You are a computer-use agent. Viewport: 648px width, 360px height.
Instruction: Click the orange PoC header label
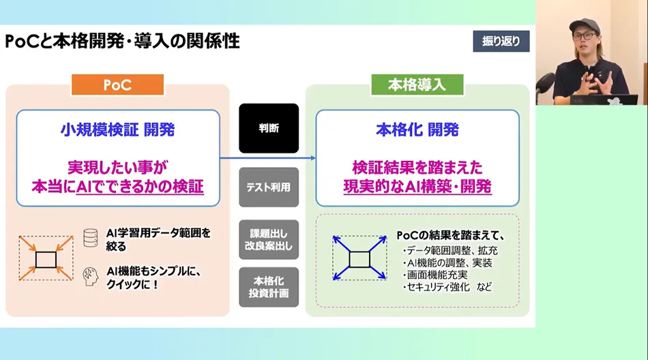(118, 85)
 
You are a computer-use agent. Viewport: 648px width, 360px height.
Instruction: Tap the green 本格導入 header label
(417, 85)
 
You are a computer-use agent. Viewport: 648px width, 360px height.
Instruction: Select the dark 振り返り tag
(501, 41)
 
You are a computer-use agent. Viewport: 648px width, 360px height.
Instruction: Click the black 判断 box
(269, 128)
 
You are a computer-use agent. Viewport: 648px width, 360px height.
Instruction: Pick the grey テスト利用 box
(269, 187)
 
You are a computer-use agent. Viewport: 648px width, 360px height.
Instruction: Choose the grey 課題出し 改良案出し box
(269, 240)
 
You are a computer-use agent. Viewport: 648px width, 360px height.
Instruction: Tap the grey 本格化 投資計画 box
(269, 287)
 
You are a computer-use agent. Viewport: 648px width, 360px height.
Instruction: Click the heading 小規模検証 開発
(118, 130)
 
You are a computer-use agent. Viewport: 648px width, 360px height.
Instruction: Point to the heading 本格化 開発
(417, 130)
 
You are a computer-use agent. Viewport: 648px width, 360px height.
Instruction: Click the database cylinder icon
(91, 238)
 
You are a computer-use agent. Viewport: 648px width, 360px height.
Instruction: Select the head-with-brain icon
(91, 277)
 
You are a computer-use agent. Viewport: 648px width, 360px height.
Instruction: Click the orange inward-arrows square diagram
(46, 258)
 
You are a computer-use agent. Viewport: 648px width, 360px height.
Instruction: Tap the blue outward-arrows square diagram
(359, 258)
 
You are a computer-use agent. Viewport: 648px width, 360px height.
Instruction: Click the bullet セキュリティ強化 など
(447, 287)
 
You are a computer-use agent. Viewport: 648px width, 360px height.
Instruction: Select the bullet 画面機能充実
(436, 275)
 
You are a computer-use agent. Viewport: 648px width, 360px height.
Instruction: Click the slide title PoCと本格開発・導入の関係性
(122, 42)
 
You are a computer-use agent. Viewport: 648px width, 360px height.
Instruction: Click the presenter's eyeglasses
(585, 36)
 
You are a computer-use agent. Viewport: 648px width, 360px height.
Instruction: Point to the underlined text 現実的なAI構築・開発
(417, 187)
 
